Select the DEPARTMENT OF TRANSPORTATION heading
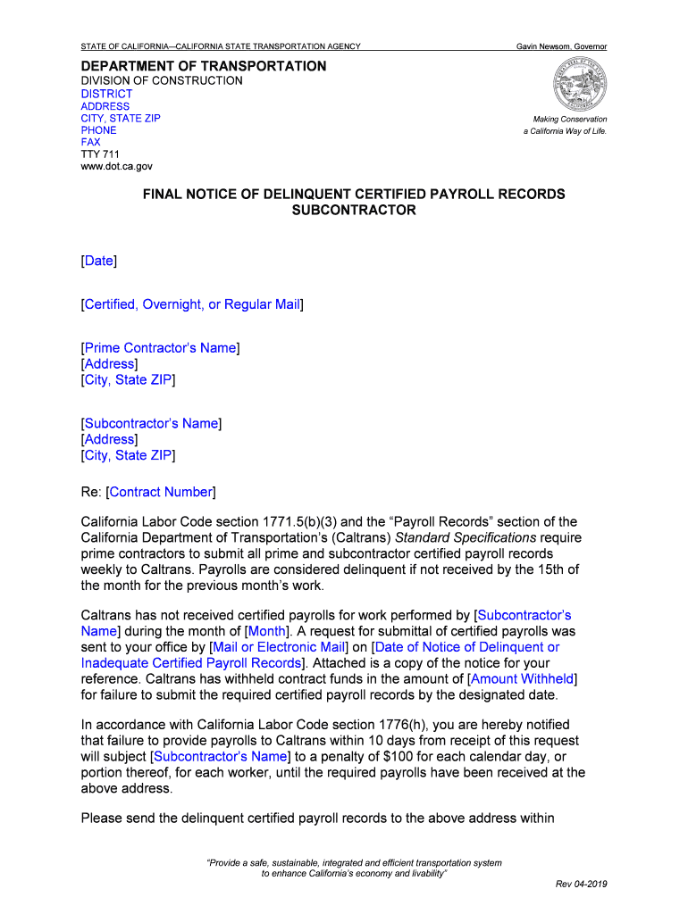point(204,66)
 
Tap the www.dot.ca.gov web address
point(117,166)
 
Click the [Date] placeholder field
point(99,261)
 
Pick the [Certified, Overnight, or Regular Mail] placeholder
point(192,304)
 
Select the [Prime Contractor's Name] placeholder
point(160,348)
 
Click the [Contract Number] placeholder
point(161,492)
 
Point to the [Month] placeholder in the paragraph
point(265,631)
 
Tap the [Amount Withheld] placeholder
point(523,679)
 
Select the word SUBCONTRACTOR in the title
point(354,211)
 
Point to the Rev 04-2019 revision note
point(581,884)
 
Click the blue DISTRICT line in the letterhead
point(106,94)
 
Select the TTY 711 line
point(100,154)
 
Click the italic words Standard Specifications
point(479,537)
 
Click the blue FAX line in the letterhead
point(91,142)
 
